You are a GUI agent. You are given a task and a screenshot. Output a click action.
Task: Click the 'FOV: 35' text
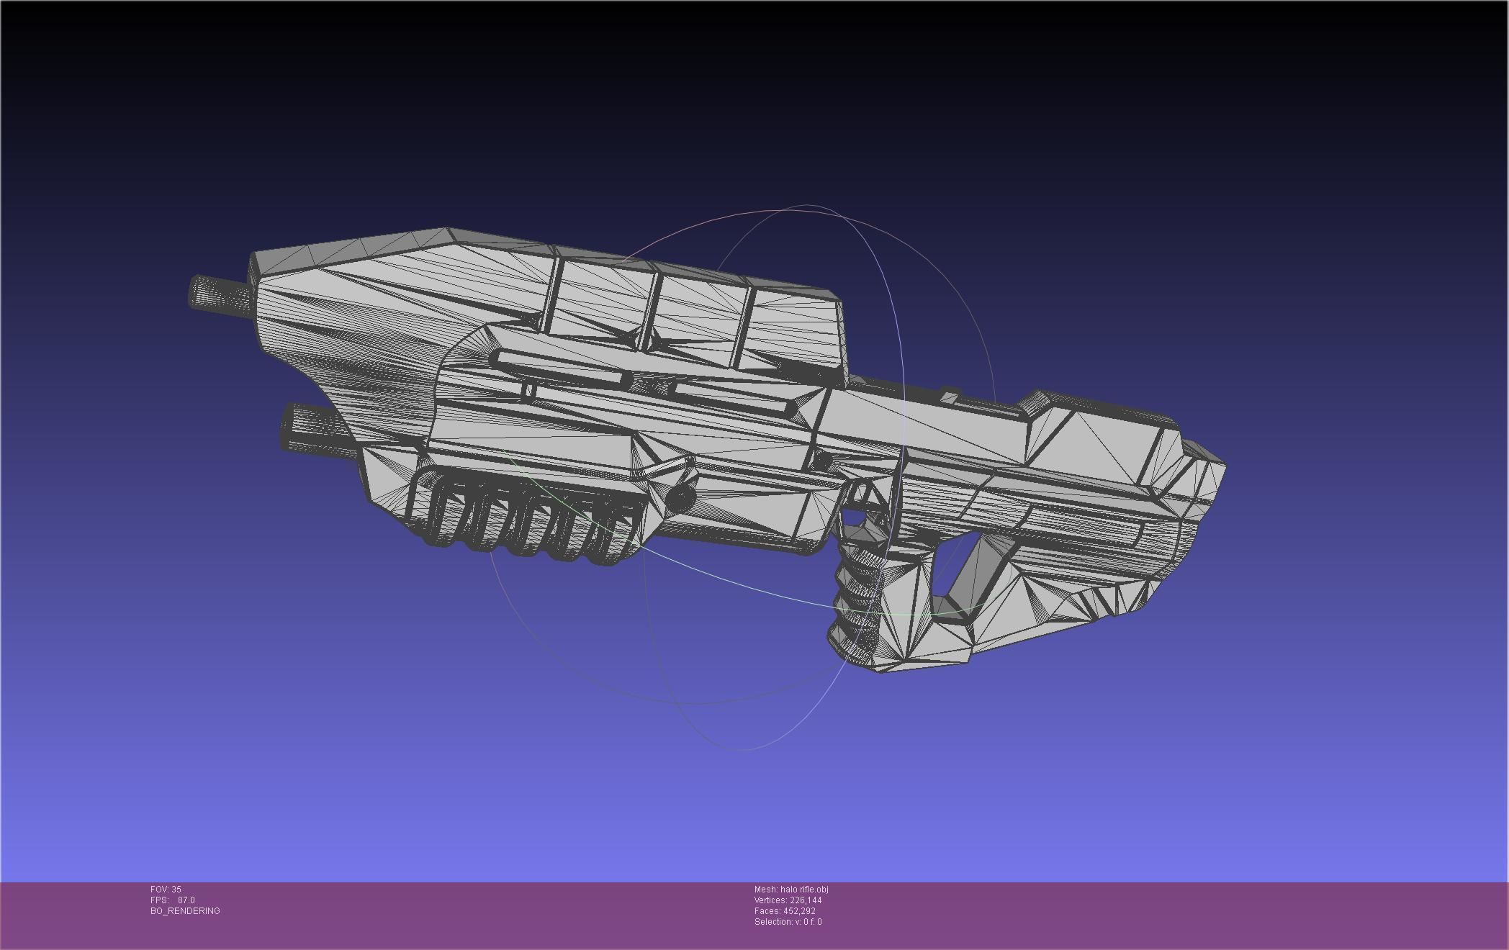pos(166,890)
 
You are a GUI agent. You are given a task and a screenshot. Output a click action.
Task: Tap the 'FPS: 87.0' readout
pos(173,900)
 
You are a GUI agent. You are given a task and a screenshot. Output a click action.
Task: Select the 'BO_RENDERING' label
pos(185,911)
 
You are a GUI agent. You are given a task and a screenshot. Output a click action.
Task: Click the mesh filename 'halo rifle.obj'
pos(791,890)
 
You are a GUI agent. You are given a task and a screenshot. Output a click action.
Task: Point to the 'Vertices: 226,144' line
pos(788,900)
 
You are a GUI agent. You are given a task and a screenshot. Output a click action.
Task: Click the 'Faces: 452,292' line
pos(785,911)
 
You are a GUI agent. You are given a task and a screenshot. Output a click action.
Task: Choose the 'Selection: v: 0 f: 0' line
pos(788,922)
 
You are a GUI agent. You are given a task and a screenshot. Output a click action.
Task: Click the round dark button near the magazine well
pos(680,497)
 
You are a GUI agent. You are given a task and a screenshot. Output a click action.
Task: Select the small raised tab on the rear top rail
pos(950,395)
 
